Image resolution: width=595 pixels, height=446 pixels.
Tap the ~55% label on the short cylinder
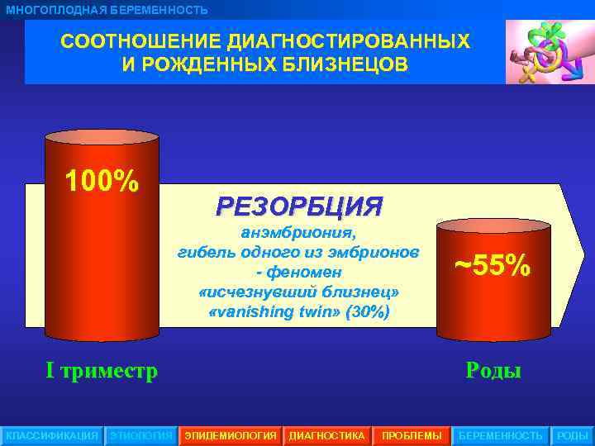point(493,266)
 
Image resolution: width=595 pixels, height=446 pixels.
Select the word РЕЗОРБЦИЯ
point(299,206)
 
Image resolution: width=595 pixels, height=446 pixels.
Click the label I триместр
point(102,371)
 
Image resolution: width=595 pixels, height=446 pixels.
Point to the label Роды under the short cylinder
point(493,371)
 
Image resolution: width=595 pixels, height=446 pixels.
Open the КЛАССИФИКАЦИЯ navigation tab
point(51,435)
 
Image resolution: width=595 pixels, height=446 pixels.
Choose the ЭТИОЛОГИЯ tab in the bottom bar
point(141,435)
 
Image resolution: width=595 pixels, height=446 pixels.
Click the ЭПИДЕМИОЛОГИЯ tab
point(231,435)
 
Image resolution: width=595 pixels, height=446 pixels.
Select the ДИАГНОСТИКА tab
point(326,435)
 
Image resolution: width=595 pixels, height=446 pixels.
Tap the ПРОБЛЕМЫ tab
point(412,435)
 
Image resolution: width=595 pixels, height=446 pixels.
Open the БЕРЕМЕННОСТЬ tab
point(501,435)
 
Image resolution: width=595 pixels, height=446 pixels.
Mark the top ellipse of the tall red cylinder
point(102,138)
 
